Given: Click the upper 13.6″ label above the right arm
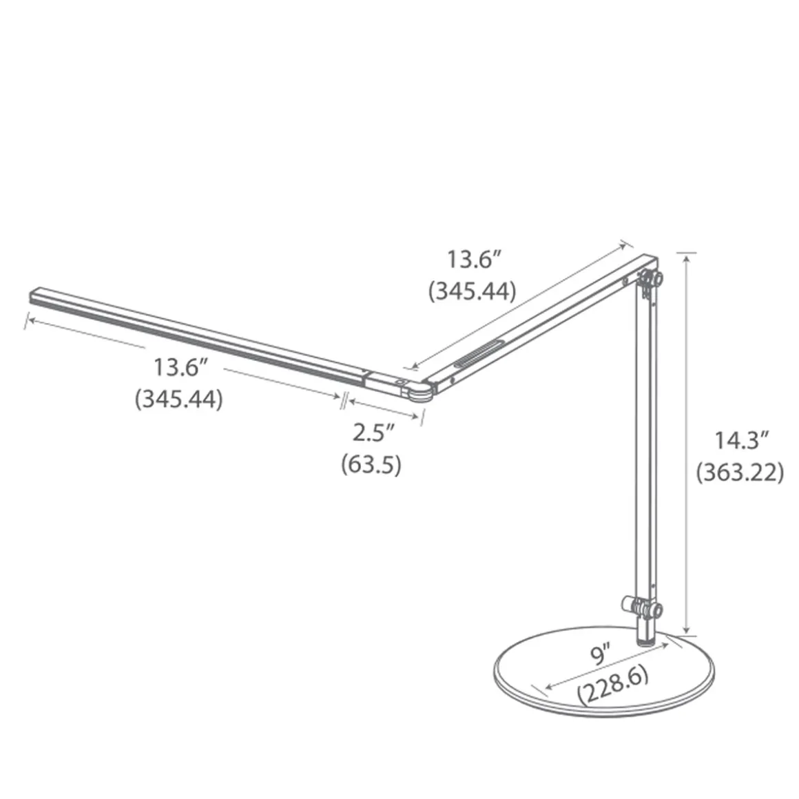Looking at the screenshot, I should click(x=473, y=260).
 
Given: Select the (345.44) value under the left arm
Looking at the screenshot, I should click(x=179, y=399).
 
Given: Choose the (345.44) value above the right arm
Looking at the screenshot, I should click(x=472, y=291).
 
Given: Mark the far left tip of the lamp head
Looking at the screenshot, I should click(x=32, y=296).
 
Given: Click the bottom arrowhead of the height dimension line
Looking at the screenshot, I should click(x=685, y=631).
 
